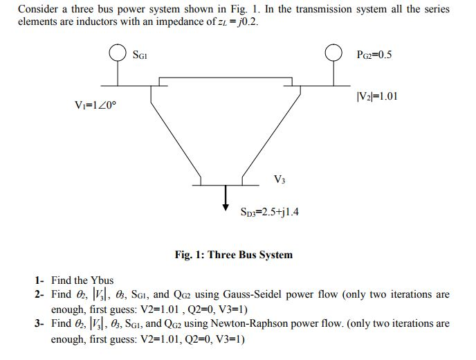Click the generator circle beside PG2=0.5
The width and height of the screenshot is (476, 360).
pyautogui.click(x=335, y=53)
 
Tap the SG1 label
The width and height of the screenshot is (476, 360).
pyautogui.click(x=140, y=54)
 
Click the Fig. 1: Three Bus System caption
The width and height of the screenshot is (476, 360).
pyautogui.click(x=233, y=255)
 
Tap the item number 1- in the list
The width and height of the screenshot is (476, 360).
pyautogui.click(x=39, y=280)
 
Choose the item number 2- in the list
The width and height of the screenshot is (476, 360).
pyautogui.click(x=39, y=294)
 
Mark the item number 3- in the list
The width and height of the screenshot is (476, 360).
pyautogui.click(x=39, y=323)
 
